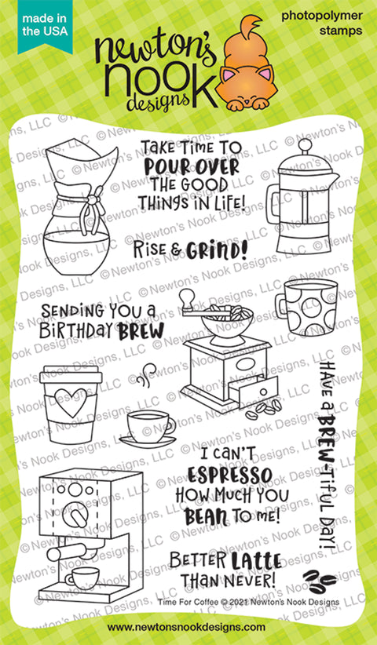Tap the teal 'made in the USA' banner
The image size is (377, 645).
(45, 26)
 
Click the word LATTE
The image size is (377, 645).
(255, 562)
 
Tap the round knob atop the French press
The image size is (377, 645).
(305, 145)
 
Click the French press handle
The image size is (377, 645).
(273, 204)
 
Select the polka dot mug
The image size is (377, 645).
(306, 306)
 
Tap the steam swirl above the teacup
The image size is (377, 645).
(147, 374)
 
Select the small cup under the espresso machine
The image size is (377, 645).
(82, 578)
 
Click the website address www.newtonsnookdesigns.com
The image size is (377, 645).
(186, 627)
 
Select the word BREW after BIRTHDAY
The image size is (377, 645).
(141, 331)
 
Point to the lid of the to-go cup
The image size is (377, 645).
(71, 375)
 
